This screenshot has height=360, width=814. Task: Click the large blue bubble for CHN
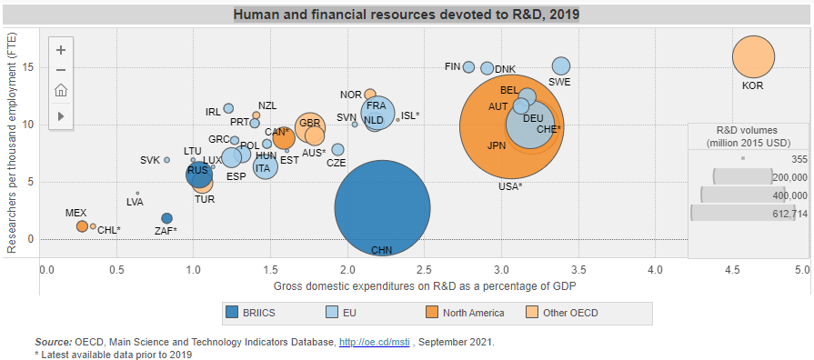click(382, 208)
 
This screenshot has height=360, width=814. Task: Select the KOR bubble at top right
click(752, 57)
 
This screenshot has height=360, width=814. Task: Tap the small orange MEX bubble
click(82, 225)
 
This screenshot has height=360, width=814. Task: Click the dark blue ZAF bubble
click(166, 218)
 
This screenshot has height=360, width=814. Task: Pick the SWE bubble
click(561, 66)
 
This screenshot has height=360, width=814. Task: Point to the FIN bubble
click(468, 67)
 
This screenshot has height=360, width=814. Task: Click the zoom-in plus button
click(60, 50)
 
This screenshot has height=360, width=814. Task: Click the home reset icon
click(60, 91)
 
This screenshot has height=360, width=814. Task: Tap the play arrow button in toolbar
click(60, 115)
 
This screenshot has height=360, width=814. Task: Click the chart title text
click(406, 15)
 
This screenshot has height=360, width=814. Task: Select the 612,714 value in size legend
click(788, 214)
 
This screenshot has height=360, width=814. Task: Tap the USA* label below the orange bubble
click(510, 186)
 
